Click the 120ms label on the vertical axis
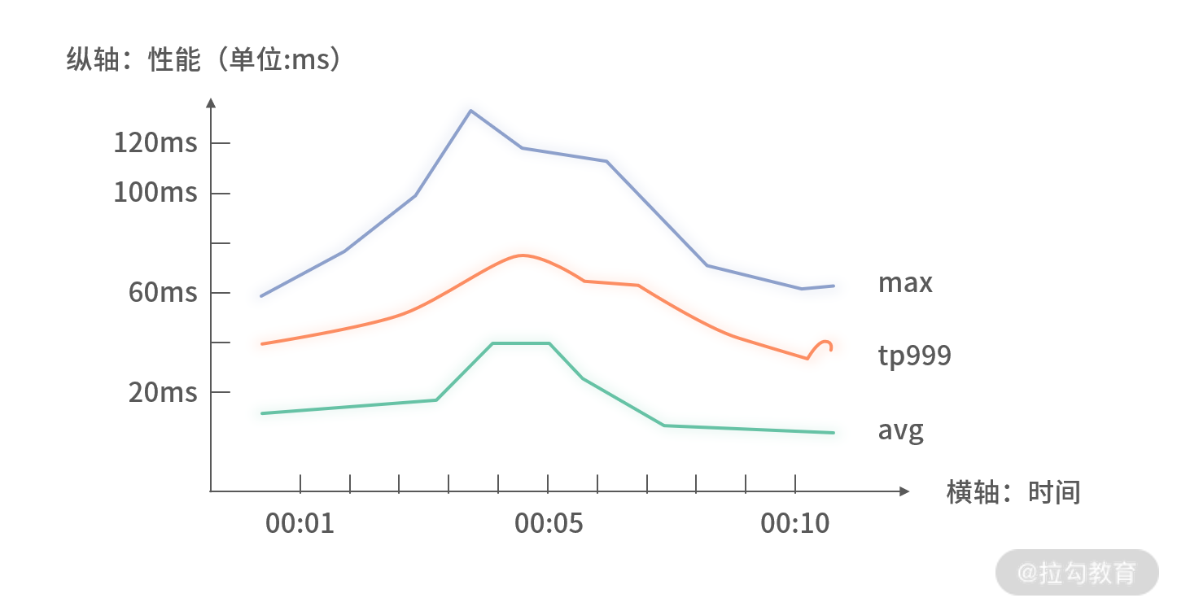pyautogui.click(x=155, y=143)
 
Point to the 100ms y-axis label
pyautogui.click(x=155, y=192)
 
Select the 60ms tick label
pyautogui.click(x=163, y=292)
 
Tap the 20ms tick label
pyautogui.click(x=163, y=392)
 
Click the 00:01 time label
pyautogui.click(x=300, y=523)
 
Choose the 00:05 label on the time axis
pyautogui.click(x=549, y=523)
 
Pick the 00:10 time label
pyautogui.click(x=795, y=523)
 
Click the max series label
pyautogui.click(x=905, y=282)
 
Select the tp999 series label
pyautogui.click(x=915, y=356)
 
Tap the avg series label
pyautogui.click(x=900, y=431)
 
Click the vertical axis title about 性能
pyautogui.click(x=203, y=59)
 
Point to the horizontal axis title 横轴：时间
pyautogui.click(x=1013, y=492)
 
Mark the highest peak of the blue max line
pyautogui.click(x=470, y=111)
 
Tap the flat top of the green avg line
pyautogui.click(x=521, y=343)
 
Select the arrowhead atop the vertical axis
pyautogui.click(x=211, y=103)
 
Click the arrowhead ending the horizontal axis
pyautogui.click(x=904, y=491)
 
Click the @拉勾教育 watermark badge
pyautogui.click(x=1077, y=572)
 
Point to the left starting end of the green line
pyautogui.click(x=262, y=413)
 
